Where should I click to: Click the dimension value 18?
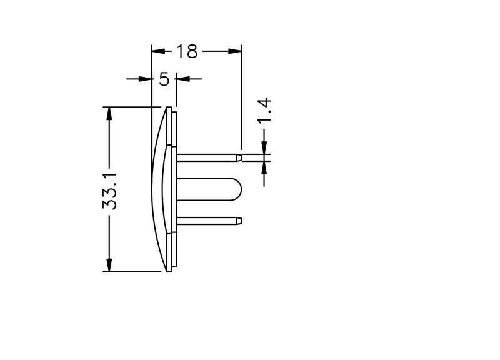[187, 51]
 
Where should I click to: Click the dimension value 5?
[164, 79]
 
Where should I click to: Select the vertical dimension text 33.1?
[110, 191]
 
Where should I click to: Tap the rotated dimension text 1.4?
[264, 111]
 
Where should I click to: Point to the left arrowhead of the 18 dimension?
[159, 51]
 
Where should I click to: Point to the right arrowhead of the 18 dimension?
[235, 51]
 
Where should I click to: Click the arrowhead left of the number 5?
[145, 79]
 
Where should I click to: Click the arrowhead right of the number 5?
[183, 79]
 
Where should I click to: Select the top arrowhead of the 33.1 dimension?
[109, 114]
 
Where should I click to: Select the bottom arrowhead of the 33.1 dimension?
[109, 265]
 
